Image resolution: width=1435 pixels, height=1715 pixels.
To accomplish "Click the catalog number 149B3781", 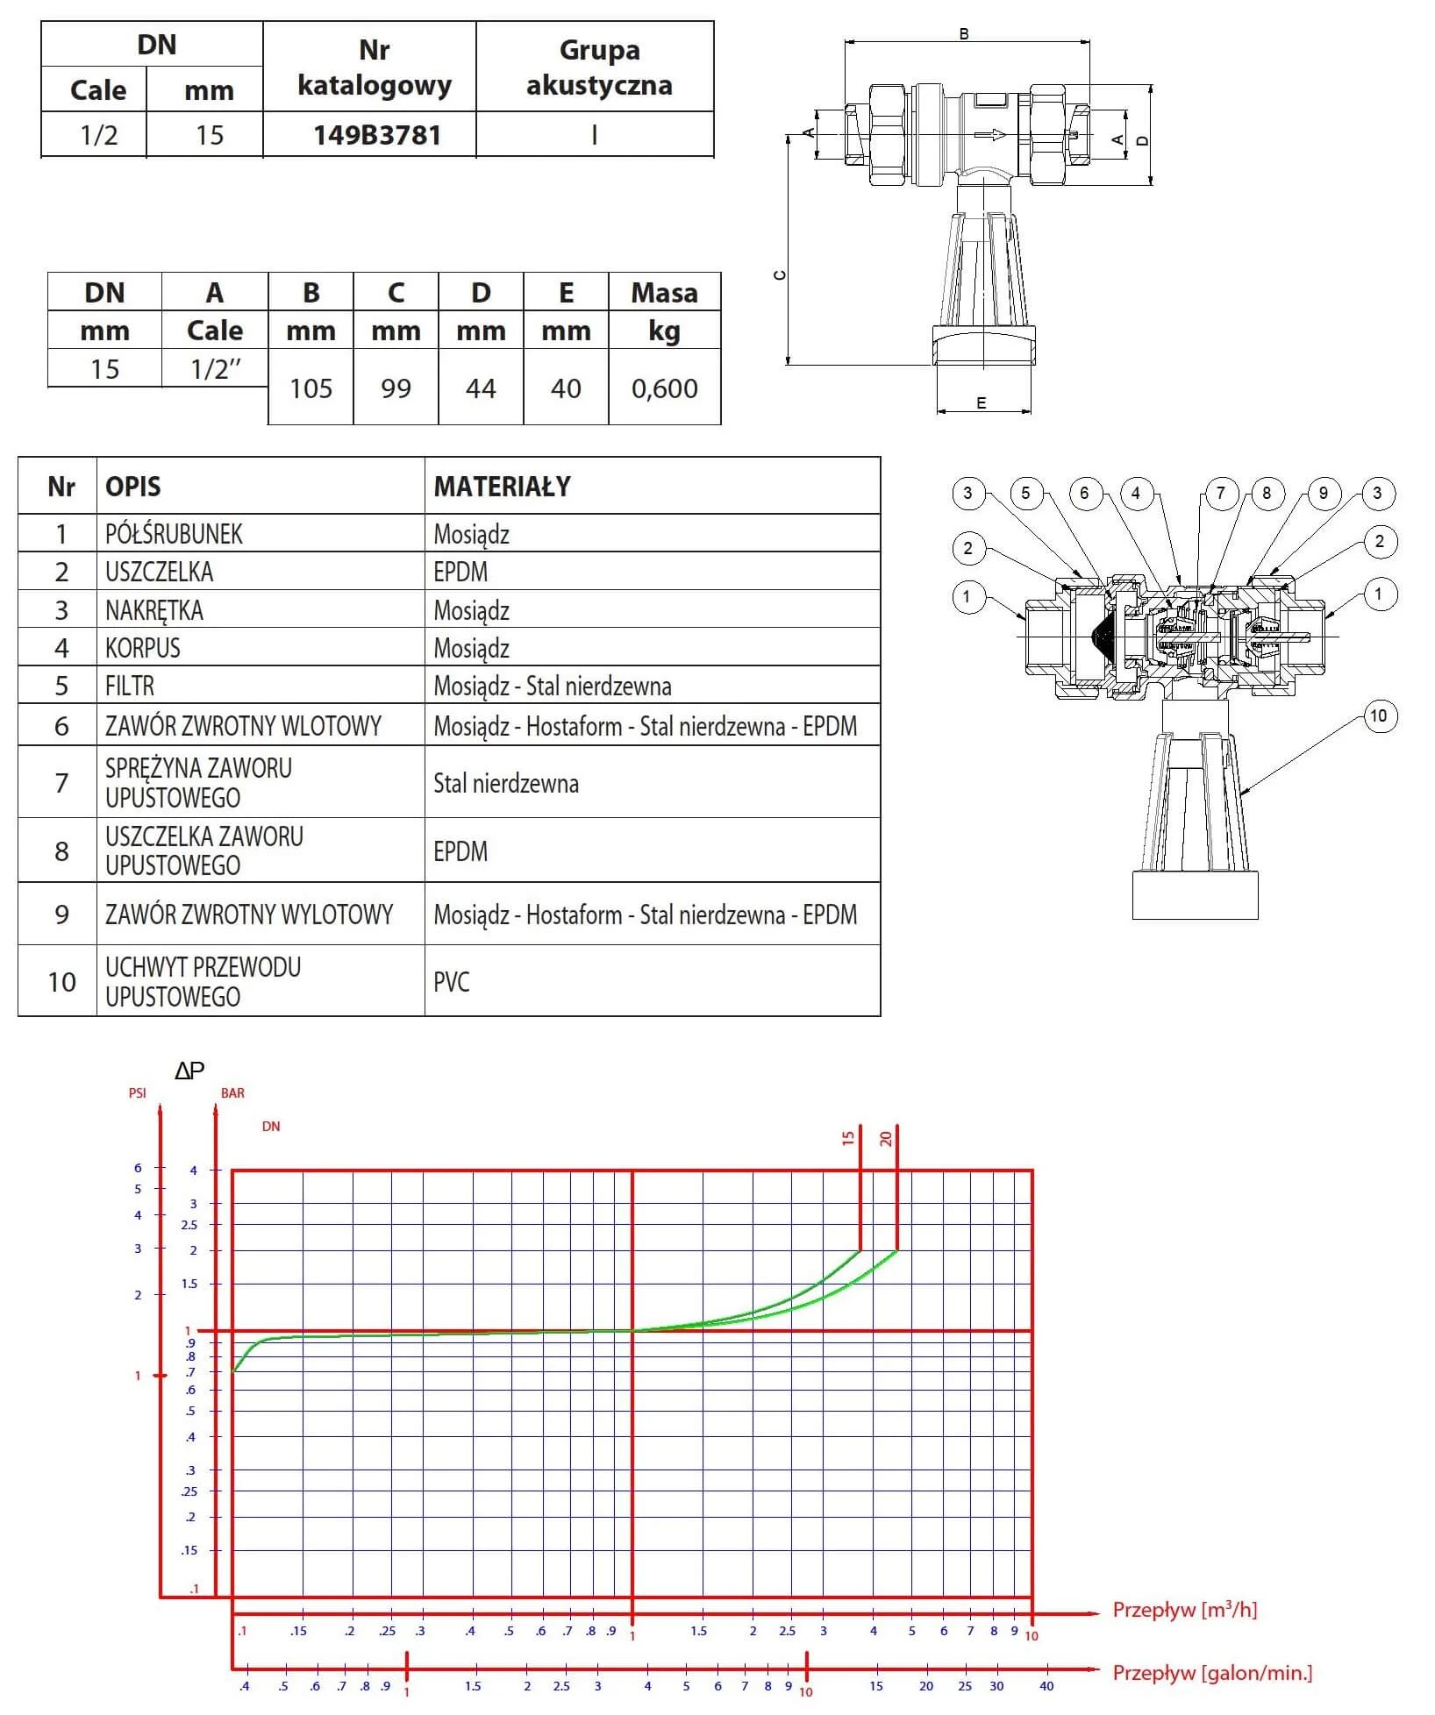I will (377, 135).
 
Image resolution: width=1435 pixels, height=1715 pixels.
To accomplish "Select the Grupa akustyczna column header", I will (599, 68).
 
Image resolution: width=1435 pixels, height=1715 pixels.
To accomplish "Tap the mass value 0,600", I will (664, 388).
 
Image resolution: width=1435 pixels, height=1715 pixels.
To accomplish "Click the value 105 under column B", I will (311, 388).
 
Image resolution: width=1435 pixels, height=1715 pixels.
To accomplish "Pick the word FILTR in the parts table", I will (130, 686).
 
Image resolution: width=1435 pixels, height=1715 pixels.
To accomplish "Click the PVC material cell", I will (452, 981).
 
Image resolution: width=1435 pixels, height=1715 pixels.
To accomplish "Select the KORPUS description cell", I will (143, 648).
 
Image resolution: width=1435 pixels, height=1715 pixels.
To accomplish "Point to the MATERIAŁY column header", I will (502, 487).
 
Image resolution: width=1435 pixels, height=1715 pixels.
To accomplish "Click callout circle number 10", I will (1378, 716).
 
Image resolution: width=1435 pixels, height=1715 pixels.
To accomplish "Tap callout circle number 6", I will (1084, 493).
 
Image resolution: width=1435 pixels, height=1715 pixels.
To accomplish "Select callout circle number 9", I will (1324, 493).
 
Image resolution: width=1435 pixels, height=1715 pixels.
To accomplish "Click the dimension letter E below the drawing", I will (982, 403).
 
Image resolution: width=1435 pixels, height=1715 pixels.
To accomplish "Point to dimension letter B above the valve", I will (964, 34).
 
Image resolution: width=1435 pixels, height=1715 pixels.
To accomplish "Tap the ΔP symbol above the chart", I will (189, 1071).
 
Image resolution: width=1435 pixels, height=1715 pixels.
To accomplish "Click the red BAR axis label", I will (232, 1093).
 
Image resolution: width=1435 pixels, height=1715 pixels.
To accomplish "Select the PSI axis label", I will (138, 1093).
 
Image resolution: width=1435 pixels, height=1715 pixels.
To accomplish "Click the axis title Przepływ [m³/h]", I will (1184, 1610).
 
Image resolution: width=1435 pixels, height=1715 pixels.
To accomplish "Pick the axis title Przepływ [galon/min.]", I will (1212, 1673).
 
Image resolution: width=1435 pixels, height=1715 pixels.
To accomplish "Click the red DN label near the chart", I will (271, 1127).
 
